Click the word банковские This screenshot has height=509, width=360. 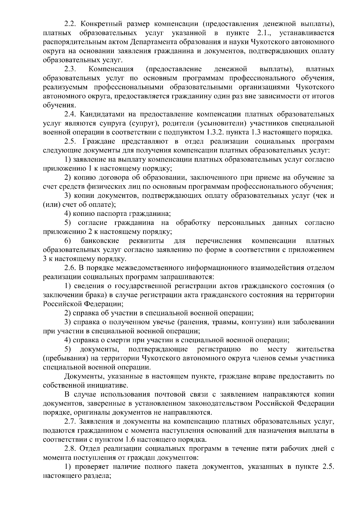click(x=100, y=241)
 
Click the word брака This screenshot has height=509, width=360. click(x=94, y=295)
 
